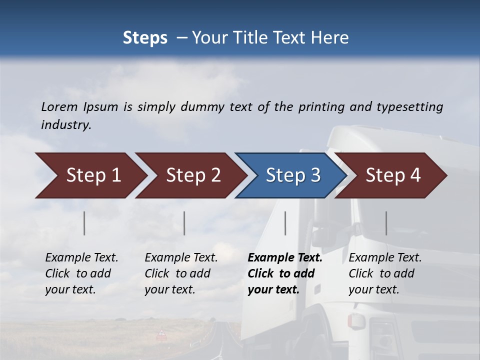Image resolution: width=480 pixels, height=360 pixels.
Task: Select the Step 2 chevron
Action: [193, 175]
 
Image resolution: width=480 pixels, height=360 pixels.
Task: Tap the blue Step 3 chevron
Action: [293, 175]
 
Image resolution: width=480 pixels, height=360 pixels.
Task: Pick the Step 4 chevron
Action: [393, 175]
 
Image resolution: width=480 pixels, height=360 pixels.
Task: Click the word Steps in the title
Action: [145, 37]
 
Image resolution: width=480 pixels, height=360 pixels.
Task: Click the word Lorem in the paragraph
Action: [59, 106]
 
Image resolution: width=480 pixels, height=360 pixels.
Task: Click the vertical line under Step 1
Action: [84, 223]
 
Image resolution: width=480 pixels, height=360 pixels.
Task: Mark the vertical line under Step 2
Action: [184, 223]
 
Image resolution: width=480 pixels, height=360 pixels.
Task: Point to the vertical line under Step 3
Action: [285, 223]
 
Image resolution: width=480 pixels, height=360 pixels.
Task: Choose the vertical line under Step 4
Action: [386, 223]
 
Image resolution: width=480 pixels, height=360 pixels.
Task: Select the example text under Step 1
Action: [81, 273]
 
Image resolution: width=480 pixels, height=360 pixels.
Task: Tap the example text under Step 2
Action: [181, 273]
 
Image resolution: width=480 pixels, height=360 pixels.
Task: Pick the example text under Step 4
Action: [385, 273]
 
